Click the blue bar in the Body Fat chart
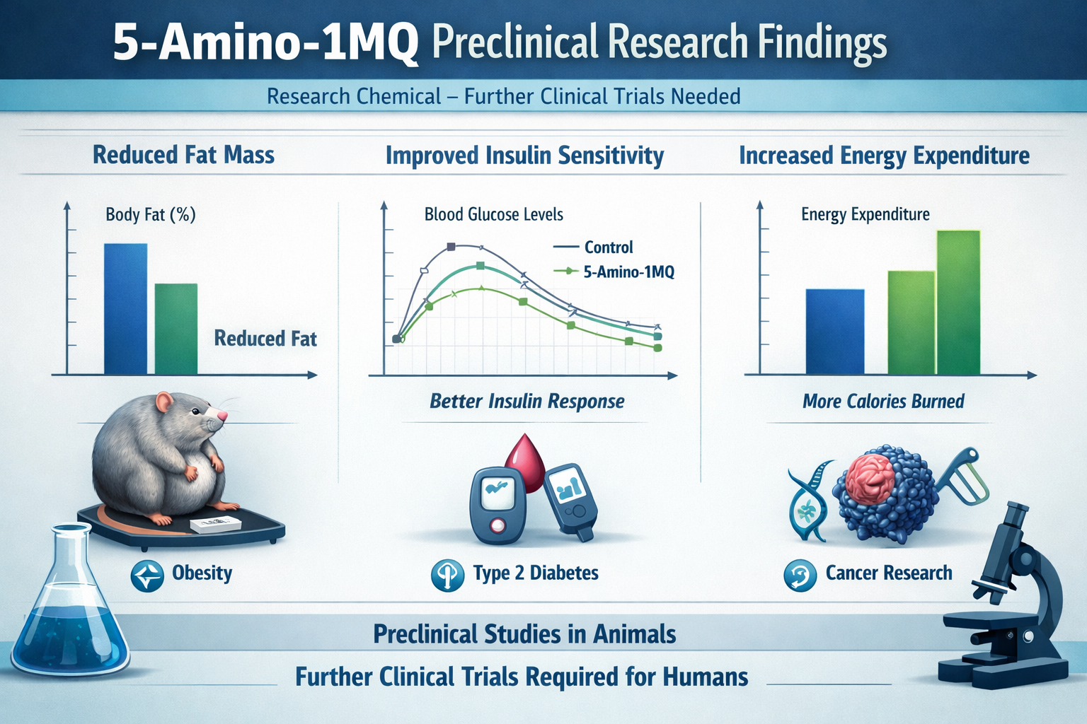[126, 308]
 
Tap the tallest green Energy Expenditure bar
[958, 302]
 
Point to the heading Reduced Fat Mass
[183, 155]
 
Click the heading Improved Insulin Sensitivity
[524, 156]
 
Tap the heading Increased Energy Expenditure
[884, 156]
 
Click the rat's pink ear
[164, 403]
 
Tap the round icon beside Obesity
[147, 576]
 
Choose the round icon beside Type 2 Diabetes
[447, 575]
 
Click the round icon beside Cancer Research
[800, 576]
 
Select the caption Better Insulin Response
[527, 402]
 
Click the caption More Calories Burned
[883, 402]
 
